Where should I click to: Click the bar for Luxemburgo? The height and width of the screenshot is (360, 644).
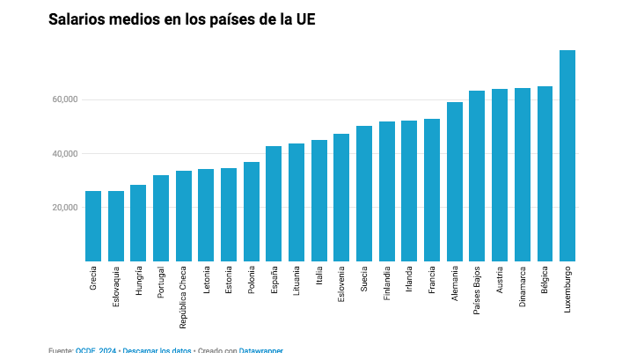pos(567,156)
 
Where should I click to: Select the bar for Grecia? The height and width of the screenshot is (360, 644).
pos(93,226)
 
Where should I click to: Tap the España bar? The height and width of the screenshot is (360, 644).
pos(274,203)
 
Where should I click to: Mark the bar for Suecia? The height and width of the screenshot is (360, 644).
pos(364,194)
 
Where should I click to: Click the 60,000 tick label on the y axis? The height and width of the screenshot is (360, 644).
pos(65,99)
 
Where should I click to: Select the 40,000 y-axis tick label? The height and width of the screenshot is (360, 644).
pos(65,154)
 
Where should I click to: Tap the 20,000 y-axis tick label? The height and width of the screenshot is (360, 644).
pos(65,208)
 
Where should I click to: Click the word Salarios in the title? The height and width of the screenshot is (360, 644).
pos(77,19)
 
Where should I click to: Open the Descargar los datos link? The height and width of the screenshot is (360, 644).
pos(157,350)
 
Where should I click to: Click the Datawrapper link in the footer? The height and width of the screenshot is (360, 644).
pos(260,350)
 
